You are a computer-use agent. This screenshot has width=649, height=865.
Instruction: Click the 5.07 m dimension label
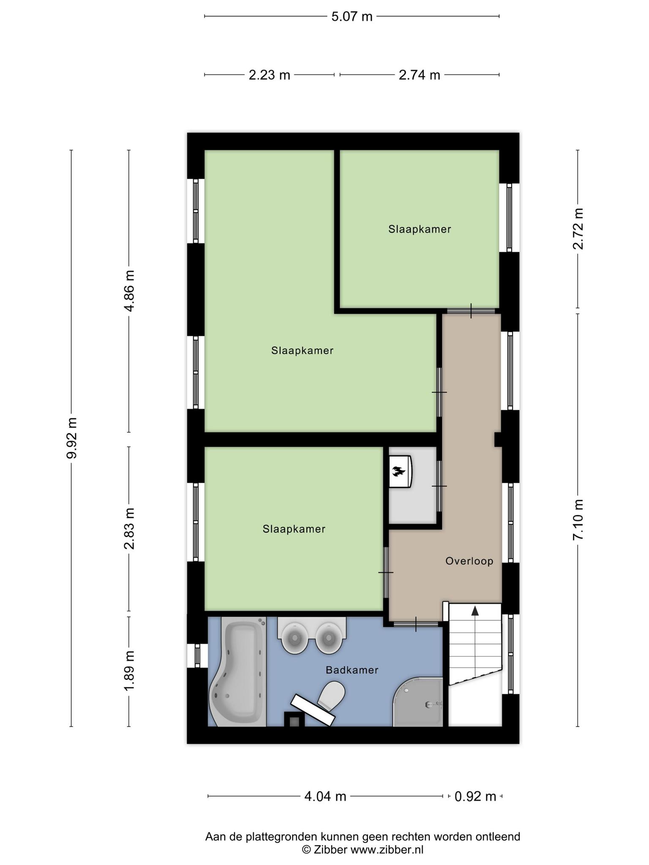click(352, 16)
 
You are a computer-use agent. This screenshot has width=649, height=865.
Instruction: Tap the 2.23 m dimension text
click(270, 75)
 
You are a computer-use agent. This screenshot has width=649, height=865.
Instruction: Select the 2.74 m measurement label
click(420, 75)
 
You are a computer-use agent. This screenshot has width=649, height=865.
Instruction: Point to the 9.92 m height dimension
click(71, 438)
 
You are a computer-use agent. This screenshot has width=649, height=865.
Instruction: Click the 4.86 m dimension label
click(129, 291)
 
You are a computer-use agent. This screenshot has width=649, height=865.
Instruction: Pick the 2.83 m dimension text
click(129, 528)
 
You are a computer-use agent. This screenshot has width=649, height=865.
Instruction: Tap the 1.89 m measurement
click(129, 671)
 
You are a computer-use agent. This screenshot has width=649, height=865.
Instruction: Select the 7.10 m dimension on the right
click(578, 520)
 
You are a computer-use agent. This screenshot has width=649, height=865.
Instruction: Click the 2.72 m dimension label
click(578, 229)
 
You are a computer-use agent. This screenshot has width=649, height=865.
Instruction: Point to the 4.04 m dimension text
click(325, 797)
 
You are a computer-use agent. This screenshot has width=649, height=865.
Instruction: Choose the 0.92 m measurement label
click(475, 797)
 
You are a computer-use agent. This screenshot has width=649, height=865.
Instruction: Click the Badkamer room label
click(352, 670)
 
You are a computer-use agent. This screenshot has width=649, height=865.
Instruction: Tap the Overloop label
click(469, 561)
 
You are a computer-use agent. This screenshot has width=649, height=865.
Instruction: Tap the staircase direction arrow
click(475, 611)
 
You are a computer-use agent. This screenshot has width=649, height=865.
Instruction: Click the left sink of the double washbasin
click(294, 639)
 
